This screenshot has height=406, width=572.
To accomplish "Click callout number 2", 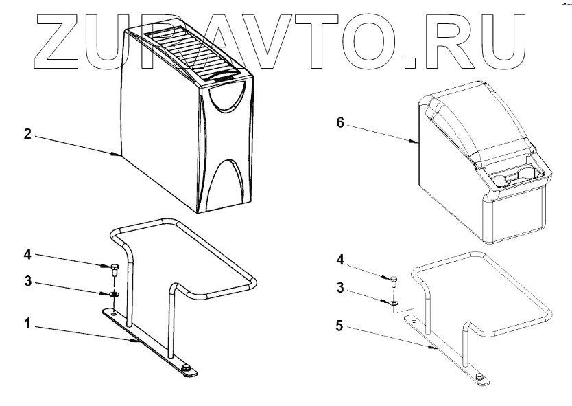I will coord(27,135).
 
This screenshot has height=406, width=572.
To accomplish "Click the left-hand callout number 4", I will coord(27,255).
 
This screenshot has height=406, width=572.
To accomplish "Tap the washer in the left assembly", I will coord(115,294).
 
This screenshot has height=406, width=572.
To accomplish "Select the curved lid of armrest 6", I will coord(473,117).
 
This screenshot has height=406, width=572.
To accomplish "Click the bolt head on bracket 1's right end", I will coord(186,370).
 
